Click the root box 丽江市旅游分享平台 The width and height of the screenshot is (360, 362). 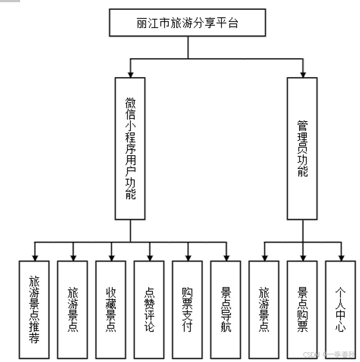click(187, 23)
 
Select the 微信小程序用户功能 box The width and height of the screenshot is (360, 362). click(130, 148)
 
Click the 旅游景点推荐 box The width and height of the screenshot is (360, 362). click(34, 309)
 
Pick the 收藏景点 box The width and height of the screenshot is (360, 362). click(111, 309)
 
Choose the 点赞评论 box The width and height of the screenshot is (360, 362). click(149, 309)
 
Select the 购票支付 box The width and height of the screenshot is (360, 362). click(188, 309)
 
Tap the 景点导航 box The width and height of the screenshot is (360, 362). click(226, 309)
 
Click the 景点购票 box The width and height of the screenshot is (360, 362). click(303, 309)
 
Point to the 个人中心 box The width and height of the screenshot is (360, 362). click(342, 309)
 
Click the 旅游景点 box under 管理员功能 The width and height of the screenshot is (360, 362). click(264, 309)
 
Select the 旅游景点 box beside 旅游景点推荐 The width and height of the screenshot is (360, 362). click(73, 309)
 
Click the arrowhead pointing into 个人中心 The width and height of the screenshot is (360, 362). click(342, 256)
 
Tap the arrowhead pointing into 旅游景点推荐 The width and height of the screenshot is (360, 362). click(34, 256)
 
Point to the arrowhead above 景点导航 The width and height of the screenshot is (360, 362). click(226, 256)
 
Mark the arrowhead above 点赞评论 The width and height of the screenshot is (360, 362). click(149, 256)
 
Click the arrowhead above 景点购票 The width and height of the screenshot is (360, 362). click(303, 256)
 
